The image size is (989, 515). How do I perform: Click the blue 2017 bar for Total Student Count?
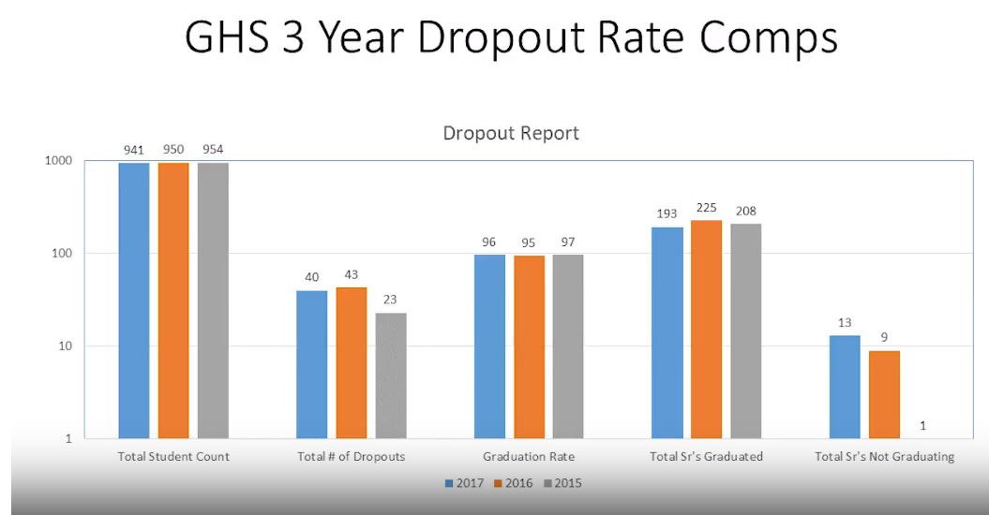click(x=134, y=300)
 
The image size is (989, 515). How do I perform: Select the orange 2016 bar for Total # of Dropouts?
click(x=352, y=362)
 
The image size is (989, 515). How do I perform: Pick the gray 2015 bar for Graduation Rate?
click(x=569, y=346)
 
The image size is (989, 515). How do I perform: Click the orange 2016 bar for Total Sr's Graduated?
click(x=707, y=329)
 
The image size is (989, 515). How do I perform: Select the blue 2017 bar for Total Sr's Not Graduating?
click(x=845, y=386)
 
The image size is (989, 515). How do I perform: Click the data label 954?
click(x=213, y=150)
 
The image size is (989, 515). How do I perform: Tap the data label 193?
click(x=667, y=213)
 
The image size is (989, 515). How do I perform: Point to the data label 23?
click(x=391, y=300)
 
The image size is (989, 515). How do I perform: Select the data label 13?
click(x=845, y=322)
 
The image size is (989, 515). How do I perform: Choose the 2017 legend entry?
click(x=465, y=483)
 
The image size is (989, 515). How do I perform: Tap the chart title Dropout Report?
click(x=511, y=133)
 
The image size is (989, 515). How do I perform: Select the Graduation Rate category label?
click(x=529, y=457)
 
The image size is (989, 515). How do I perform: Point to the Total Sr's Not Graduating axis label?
click(x=884, y=457)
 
